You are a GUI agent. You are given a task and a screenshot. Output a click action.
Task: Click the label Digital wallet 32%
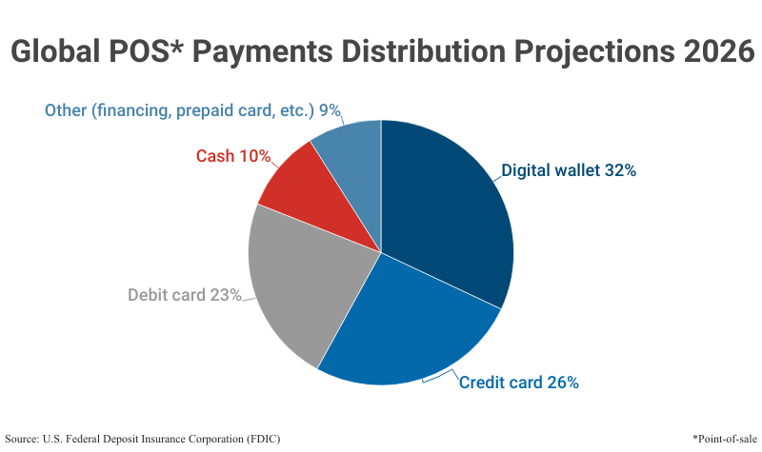pos(569,171)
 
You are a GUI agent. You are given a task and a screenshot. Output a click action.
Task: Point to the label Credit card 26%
pos(519,383)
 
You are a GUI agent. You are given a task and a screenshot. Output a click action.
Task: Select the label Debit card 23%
pos(185,295)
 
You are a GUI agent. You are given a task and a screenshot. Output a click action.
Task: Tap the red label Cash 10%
pos(233,155)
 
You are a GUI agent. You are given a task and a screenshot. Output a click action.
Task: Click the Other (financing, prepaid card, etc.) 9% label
pos(192,110)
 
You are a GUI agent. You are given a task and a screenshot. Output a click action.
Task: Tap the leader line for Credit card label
pos(439,378)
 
